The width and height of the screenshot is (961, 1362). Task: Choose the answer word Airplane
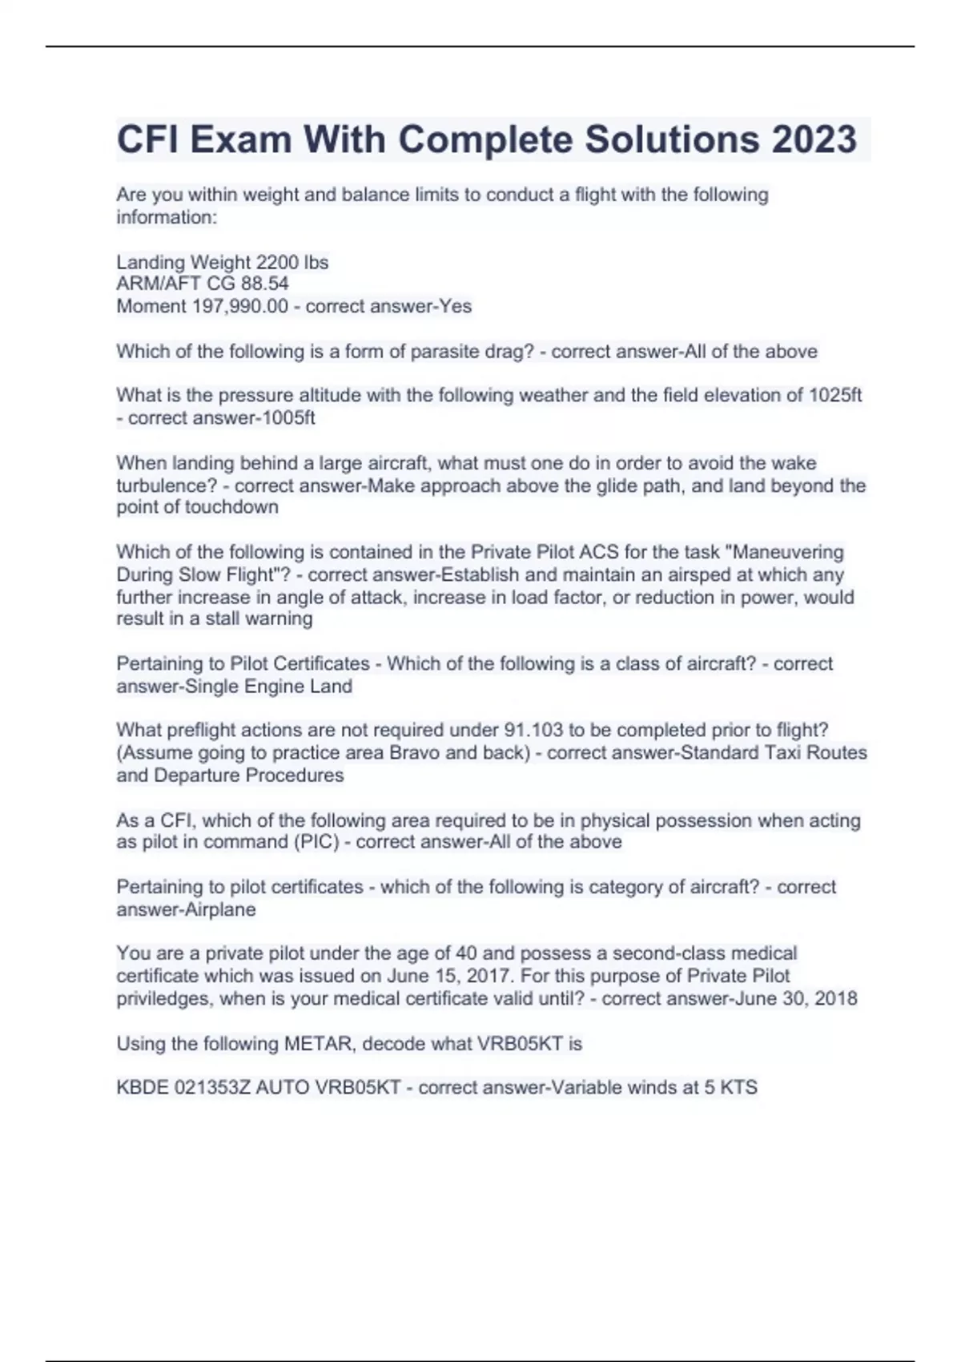(220, 909)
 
